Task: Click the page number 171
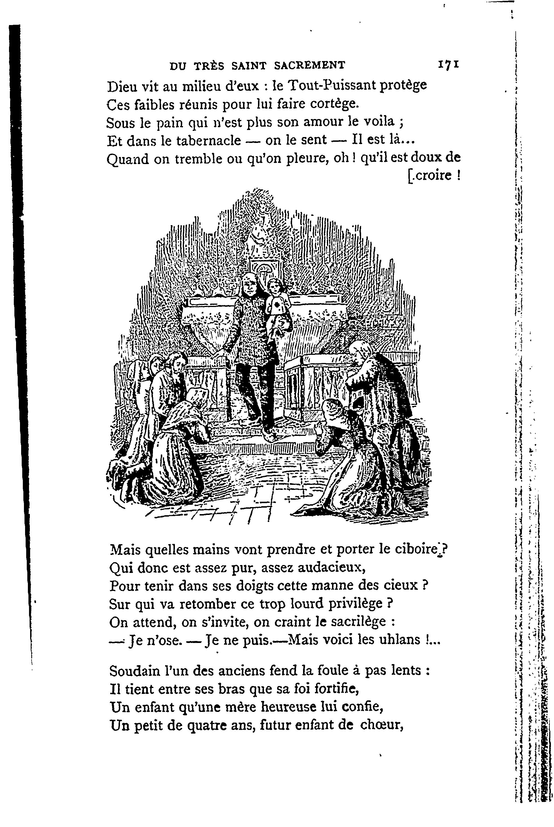448,65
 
